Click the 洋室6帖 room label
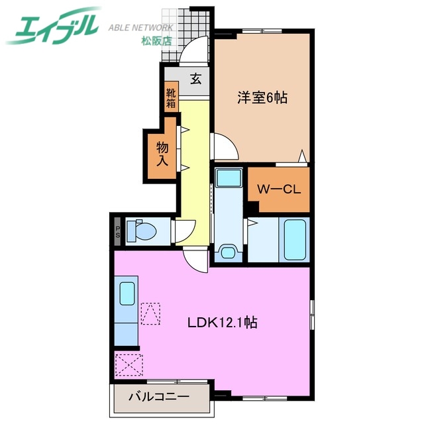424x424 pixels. tap(262, 97)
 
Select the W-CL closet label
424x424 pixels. tap(279, 189)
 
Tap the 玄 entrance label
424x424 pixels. tap(195, 78)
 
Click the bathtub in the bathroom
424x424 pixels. tap(295, 238)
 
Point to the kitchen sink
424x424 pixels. tap(127, 293)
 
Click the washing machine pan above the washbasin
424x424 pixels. tap(229, 178)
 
